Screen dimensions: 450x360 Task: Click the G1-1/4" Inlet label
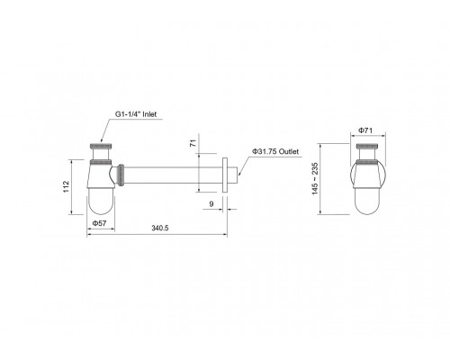pyautogui.click(x=136, y=114)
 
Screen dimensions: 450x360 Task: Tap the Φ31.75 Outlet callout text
pyautogui.click(x=275, y=151)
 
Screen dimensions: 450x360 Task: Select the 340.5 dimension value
pyautogui.click(x=160, y=229)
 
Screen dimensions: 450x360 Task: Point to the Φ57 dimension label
pyautogui.click(x=99, y=223)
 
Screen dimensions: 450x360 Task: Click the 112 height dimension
pyautogui.click(x=67, y=186)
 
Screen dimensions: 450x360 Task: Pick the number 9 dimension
pyautogui.click(x=211, y=204)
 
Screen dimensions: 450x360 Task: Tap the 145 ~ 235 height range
pyautogui.click(x=315, y=179)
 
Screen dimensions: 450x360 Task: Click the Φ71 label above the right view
pyautogui.click(x=365, y=130)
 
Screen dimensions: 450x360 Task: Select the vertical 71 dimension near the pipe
pyautogui.click(x=193, y=143)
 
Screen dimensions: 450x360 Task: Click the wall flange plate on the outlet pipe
pyautogui.click(x=225, y=175)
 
